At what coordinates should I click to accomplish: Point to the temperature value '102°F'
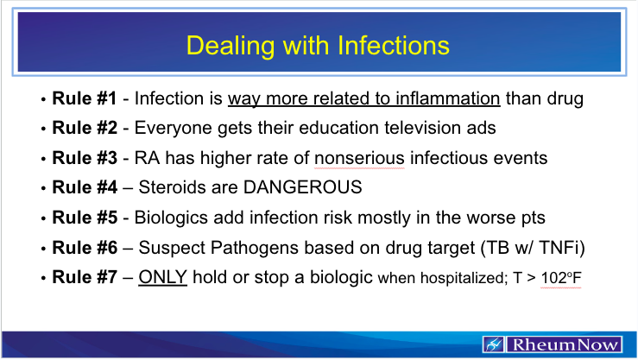[x=560, y=282]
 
